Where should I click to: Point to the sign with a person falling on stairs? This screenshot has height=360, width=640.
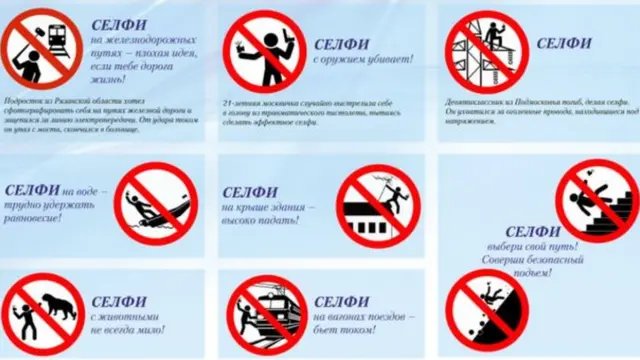(596, 195)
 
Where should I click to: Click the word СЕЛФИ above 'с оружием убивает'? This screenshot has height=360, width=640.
(341, 46)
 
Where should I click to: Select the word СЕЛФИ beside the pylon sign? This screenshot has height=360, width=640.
(564, 43)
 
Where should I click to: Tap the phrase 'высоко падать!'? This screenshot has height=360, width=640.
(263, 222)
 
